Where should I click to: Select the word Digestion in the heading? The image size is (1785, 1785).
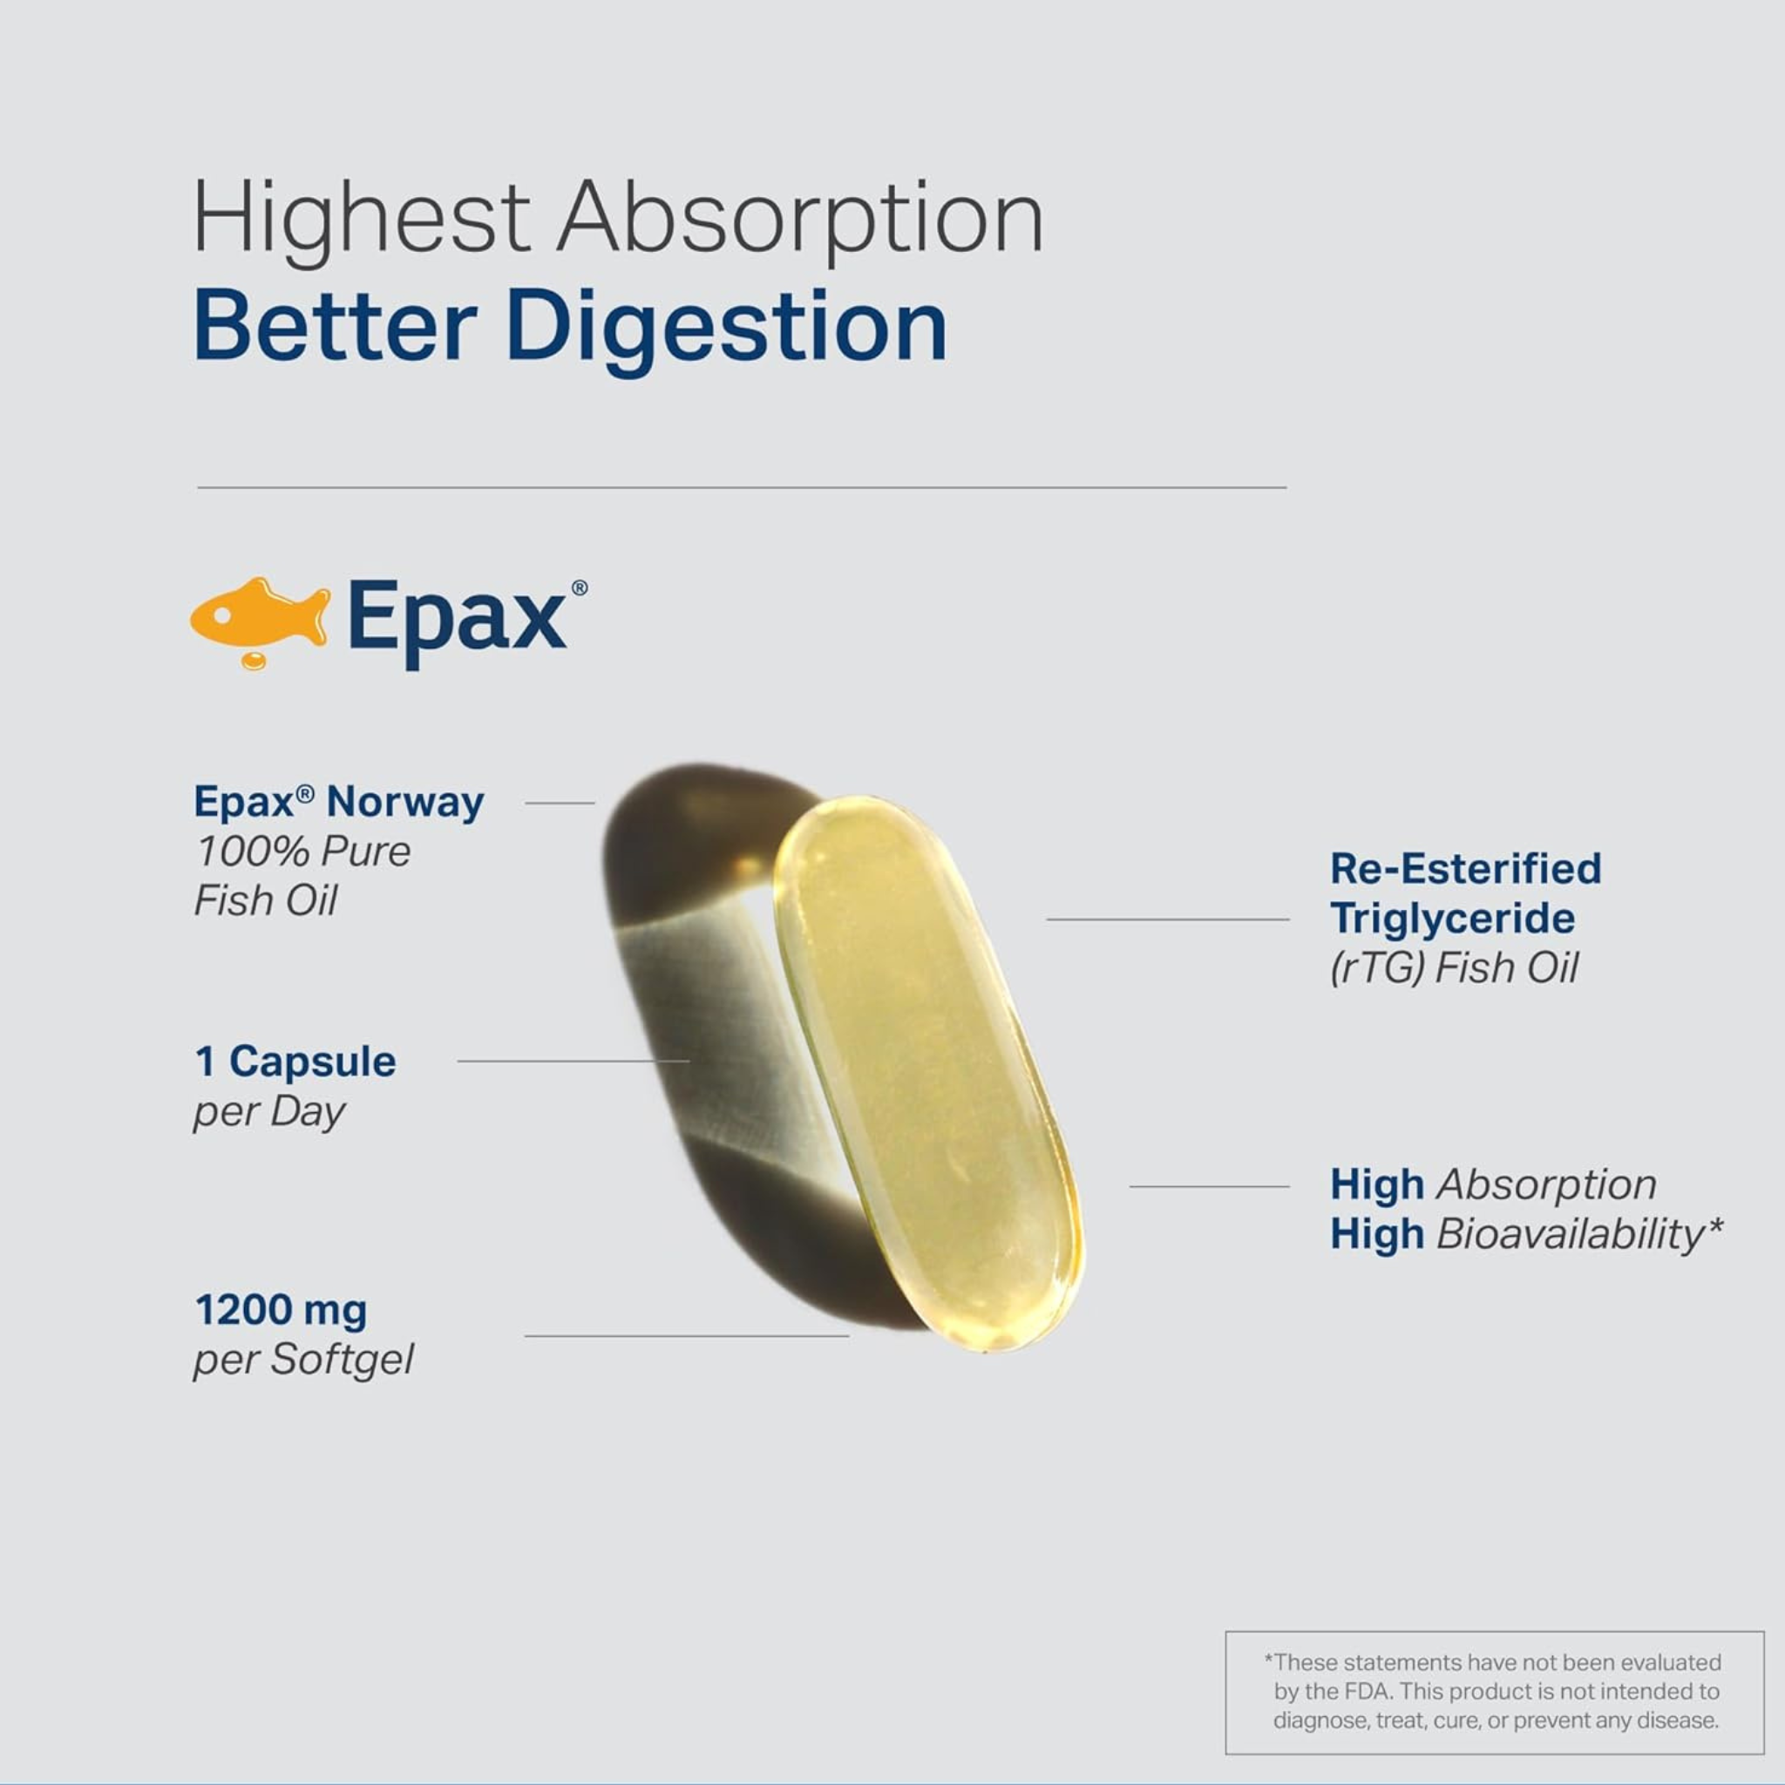726,328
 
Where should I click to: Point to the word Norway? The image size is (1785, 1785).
404,802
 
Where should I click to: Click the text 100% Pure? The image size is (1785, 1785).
303,852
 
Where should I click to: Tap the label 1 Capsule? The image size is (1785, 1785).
295,1062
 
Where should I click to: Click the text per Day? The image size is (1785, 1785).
268,1113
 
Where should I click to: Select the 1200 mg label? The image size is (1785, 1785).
281,1310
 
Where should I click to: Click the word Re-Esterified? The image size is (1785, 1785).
1465,868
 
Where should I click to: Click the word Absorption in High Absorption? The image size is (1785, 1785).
1545,1185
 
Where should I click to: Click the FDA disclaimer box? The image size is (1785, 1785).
1494,1693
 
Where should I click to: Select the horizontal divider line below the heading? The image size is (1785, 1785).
742,487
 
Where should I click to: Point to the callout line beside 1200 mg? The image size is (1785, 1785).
687,1336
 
